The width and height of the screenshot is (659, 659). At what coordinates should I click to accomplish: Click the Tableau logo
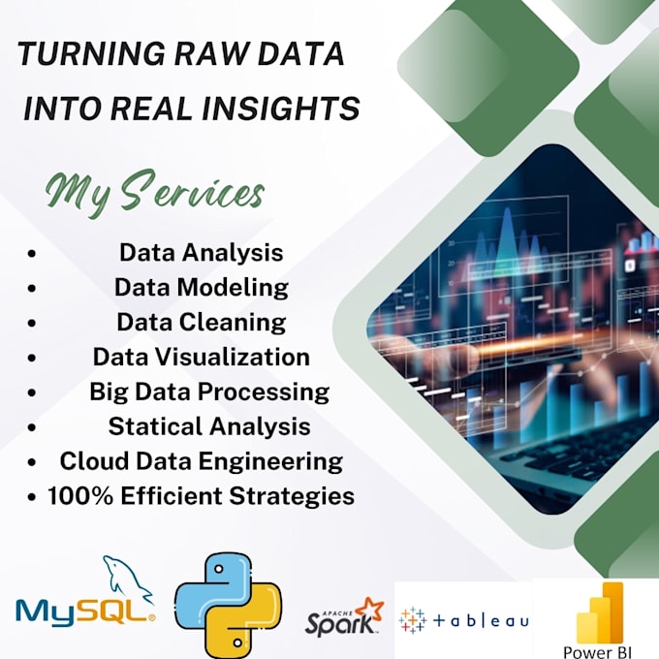click(464, 619)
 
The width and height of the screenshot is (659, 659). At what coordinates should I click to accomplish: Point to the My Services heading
click(153, 190)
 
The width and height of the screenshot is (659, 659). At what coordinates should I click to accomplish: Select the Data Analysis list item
click(201, 252)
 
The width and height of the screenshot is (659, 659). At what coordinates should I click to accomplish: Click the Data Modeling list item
click(201, 287)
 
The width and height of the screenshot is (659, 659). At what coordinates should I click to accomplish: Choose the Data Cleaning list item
click(201, 321)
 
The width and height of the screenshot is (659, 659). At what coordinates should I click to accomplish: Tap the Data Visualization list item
click(201, 356)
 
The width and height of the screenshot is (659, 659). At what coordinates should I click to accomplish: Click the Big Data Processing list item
click(208, 392)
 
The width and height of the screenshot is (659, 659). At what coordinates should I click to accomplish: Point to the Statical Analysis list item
click(208, 425)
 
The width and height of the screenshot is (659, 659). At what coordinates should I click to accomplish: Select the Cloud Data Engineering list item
click(201, 460)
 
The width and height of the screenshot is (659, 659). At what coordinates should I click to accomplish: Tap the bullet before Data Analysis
click(33, 253)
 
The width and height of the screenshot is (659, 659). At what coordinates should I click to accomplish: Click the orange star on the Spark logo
click(368, 610)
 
